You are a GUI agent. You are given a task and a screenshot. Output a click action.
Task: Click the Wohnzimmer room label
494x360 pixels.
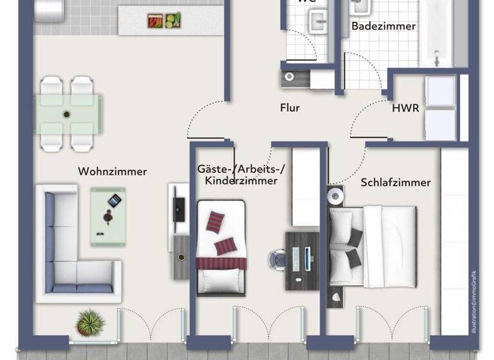pos(112,172)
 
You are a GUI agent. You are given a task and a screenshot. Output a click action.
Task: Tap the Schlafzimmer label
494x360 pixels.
pos(395,183)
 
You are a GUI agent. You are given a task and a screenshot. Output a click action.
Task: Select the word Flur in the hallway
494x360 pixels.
pos(289,108)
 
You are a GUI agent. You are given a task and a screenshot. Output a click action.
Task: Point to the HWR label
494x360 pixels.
pos(405,108)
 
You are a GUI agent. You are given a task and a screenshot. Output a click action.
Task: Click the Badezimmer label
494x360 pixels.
pos(383,26)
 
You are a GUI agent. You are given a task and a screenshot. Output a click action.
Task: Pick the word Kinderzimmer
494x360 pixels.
pos(241,181)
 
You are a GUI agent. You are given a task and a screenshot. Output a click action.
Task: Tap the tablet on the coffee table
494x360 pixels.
pos(114,201)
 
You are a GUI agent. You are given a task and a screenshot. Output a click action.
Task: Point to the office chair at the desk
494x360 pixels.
pos(279,258)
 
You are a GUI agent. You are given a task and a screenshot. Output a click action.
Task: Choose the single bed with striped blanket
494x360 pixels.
pos(221,248)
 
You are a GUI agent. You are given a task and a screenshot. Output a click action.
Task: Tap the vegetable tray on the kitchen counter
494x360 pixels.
pos(163,21)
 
